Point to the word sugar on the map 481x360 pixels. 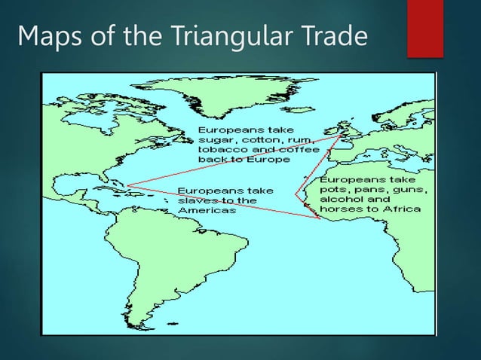213,141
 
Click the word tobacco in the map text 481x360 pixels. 219,151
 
